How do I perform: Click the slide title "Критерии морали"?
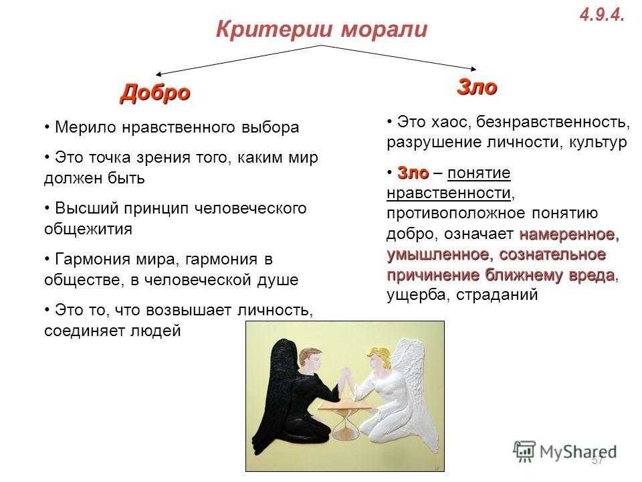pos(322,29)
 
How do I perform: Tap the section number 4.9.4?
pos(602,15)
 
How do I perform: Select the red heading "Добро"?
pos(155,93)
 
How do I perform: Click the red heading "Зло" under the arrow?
pos(477,87)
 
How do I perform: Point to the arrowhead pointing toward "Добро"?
pos(158,74)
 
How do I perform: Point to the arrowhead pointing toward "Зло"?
pos(473,68)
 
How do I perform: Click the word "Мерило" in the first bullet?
pos(86,127)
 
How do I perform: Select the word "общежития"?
pos(88,229)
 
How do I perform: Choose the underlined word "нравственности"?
pos(449,193)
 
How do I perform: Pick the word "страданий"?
pos(497,295)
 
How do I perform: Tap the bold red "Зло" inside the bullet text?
pos(413,173)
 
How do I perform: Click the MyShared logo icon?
pos(524,452)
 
